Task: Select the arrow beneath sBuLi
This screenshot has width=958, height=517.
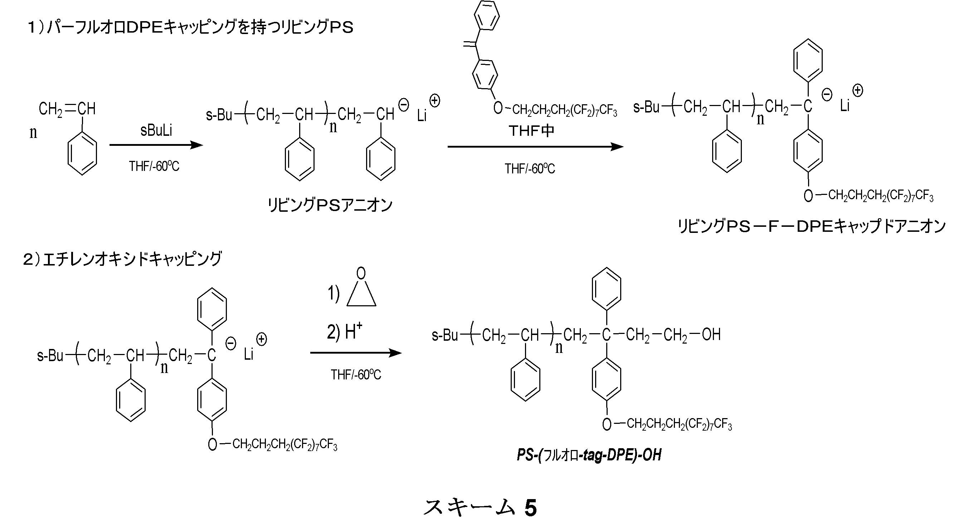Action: [x=156, y=145]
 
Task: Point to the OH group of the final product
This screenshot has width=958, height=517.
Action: [x=711, y=335]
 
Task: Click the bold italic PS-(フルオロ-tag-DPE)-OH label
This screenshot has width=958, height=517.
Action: [x=589, y=455]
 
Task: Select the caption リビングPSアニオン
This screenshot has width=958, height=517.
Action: [x=330, y=205]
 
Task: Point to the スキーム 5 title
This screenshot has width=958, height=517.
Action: [x=480, y=507]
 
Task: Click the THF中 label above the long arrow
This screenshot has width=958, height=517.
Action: [x=531, y=131]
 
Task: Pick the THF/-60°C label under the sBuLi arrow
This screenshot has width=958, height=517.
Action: [x=154, y=166]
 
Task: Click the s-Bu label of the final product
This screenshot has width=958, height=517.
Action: [x=444, y=335]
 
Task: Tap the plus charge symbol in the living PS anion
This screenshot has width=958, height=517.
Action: [x=434, y=101]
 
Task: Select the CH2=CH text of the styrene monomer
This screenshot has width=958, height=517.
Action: [x=67, y=109]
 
